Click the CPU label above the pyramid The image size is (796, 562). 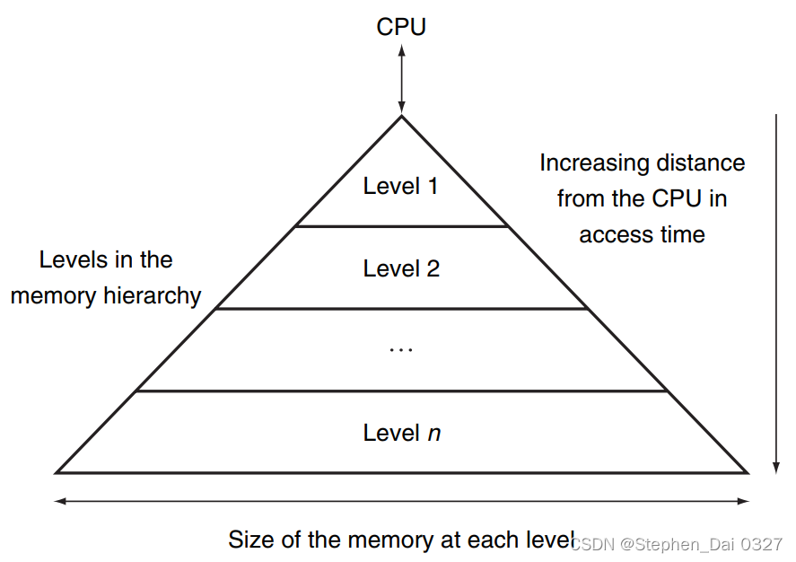[x=401, y=27]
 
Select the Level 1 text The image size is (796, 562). [x=400, y=187]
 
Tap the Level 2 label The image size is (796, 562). [x=401, y=268]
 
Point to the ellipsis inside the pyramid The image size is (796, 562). [x=401, y=349]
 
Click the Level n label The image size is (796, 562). [x=401, y=433]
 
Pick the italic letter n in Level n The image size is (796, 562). [x=433, y=434]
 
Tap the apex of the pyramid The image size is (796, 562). [x=401, y=117]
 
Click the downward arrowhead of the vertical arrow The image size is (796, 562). [x=774, y=466]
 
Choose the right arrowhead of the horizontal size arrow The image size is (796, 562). [x=744, y=501]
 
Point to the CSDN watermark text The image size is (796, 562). [x=677, y=544]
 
